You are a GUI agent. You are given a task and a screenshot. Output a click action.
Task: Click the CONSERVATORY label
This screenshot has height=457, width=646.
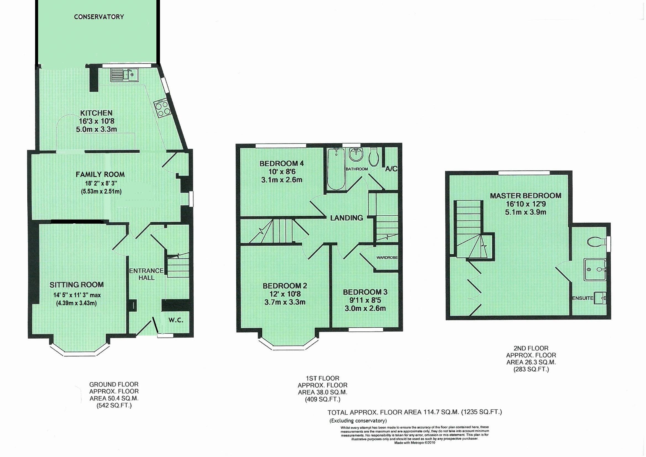pyautogui.click(x=99, y=17)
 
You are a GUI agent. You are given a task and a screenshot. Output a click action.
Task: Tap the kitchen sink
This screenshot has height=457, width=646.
pyautogui.click(x=124, y=75)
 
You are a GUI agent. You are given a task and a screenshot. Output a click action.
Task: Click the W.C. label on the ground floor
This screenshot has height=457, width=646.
pyautogui.click(x=176, y=320)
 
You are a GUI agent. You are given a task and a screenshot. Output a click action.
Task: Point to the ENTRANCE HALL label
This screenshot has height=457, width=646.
pyautogui.click(x=146, y=274)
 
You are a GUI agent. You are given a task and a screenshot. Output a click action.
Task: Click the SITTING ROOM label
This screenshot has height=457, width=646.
pyautogui.click(x=77, y=285)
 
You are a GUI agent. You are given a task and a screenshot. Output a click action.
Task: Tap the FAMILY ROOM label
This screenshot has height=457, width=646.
pyautogui.click(x=100, y=174)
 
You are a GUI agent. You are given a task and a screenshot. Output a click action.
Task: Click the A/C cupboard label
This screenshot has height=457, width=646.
pyautogui.click(x=391, y=169)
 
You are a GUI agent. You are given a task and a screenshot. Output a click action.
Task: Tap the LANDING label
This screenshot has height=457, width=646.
pyautogui.click(x=346, y=218)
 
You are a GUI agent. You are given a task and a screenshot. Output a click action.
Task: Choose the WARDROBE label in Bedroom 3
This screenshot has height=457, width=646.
pyautogui.click(x=387, y=257)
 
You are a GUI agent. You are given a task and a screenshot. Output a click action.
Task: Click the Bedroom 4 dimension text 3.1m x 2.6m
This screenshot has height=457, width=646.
pyautogui.click(x=282, y=180)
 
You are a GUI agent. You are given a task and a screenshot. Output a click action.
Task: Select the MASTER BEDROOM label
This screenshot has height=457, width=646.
pyautogui.click(x=526, y=196)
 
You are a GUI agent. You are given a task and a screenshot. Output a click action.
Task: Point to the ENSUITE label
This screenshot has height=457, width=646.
pyautogui.click(x=583, y=298)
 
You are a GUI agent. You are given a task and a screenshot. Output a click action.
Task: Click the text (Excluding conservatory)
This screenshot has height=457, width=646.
pyautogui.click(x=358, y=421)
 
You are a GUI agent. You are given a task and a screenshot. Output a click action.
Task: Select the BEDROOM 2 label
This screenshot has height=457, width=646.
pyautogui.click(x=285, y=286)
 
